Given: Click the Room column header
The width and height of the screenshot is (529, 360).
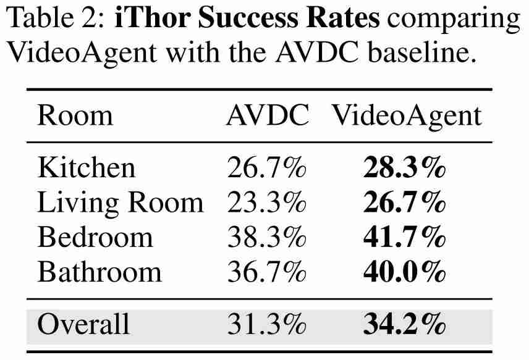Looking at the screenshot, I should point(75,116).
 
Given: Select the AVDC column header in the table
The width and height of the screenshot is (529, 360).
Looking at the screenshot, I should point(267,116).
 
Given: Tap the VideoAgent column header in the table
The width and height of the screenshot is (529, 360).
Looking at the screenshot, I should point(407,116).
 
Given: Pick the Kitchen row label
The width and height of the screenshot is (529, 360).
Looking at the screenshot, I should point(86,168).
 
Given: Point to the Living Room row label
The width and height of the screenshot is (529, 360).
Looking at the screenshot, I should point(120,203).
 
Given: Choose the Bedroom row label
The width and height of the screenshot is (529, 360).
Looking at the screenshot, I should point(95,237).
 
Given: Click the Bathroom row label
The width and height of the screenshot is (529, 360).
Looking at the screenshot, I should point(99,272).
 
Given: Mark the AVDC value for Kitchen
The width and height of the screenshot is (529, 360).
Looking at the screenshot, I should point(266,168).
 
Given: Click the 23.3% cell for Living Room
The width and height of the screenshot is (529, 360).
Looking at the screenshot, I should point(266,203).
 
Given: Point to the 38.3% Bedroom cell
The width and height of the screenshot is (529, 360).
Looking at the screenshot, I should point(266,237).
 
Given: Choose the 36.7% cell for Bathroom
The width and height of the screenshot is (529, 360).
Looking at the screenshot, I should point(266,272).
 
